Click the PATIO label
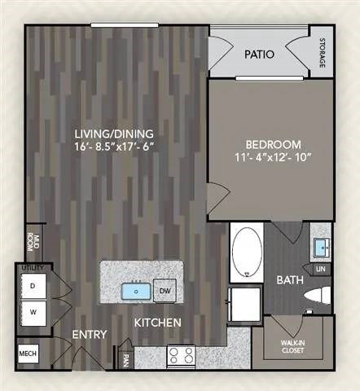point(260,55)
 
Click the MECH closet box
point(27,354)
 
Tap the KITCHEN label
point(158,323)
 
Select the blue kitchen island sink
point(132,289)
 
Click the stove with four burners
point(180,355)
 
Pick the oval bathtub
point(245,252)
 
